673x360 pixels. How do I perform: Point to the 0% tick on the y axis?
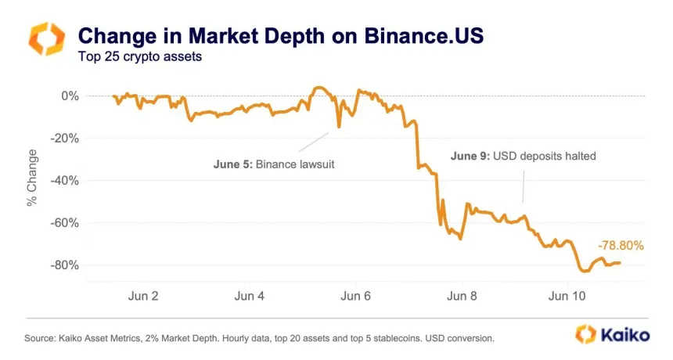[x=70, y=96]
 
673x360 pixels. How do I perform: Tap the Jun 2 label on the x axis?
[x=142, y=297]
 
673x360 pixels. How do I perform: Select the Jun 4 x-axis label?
[x=249, y=297]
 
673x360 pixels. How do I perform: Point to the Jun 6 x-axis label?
[x=355, y=297]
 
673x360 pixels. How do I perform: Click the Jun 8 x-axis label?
[x=462, y=297]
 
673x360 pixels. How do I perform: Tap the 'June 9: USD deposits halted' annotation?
[x=524, y=157]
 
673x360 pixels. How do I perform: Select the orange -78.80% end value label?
[x=621, y=246]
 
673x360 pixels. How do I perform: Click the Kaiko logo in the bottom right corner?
[x=612, y=334]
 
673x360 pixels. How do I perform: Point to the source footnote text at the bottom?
[x=260, y=339]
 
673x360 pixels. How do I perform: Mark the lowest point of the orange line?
[x=584, y=272]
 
